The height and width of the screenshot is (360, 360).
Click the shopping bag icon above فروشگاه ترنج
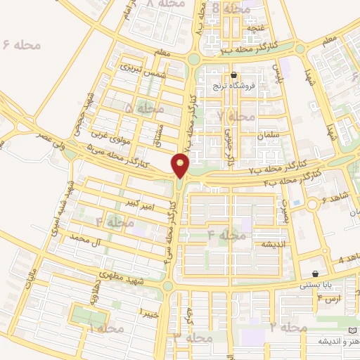point(234,75)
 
